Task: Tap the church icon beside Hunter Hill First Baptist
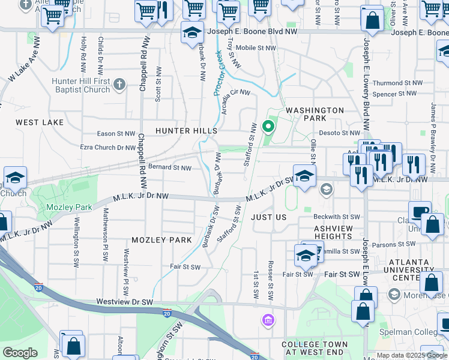point(119,83)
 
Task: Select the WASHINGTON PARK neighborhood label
point(315,115)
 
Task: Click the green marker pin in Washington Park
point(269,127)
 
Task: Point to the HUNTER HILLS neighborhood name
point(186,130)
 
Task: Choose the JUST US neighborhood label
point(268,217)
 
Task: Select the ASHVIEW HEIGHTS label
point(337,233)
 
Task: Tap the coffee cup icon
point(420,212)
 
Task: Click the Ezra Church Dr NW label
point(107,147)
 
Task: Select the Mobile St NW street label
point(256,48)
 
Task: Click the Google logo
point(20,352)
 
